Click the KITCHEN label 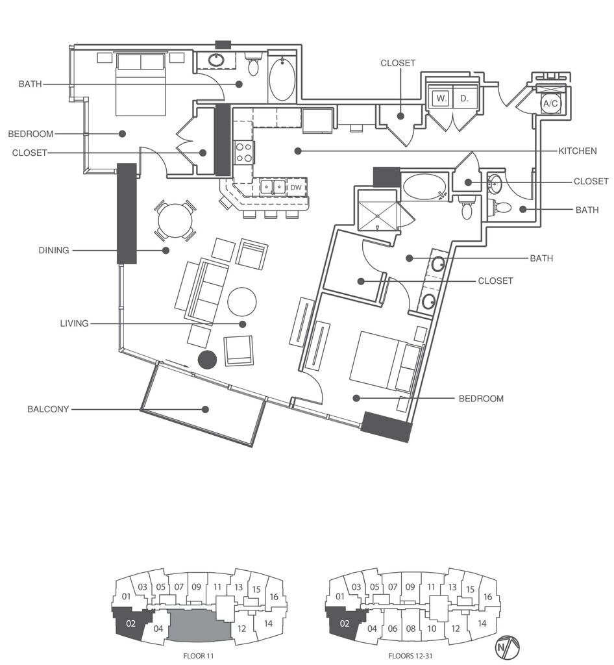pyautogui.click(x=577, y=151)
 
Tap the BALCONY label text pyautogui.click(x=48, y=409)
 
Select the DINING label pyautogui.click(x=54, y=250)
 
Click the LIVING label pyautogui.click(x=74, y=323)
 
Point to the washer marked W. pyautogui.click(x=441, y=99)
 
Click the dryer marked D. pyautogui.click(x=465, y=99)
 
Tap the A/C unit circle pyautogui.click(x=551, y=103)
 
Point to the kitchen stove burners pyautogui.click(x=243, y=153)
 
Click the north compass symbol pyautogui.click(x=508, y=647)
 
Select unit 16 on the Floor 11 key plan pyautogui.click(x=274, y=597)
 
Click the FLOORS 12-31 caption pyautogui.click(x=411, y=656)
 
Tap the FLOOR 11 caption pyautogui.click(x=199, y=656)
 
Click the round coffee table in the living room pyautogui.click(x=242, y=302)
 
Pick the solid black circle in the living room pyautogui.click(x=208, y=360)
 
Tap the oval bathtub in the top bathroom pyautogui.click(x=282, y=79)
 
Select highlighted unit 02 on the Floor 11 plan pyautogui.click(x=130, y=623)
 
